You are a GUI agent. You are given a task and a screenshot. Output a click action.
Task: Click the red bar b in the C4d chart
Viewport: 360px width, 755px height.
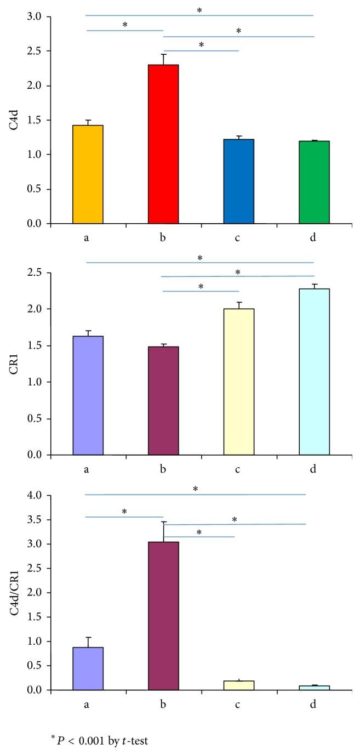click(x=163, y=144)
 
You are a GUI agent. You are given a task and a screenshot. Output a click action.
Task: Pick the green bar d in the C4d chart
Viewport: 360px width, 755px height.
click(x=314, y=182)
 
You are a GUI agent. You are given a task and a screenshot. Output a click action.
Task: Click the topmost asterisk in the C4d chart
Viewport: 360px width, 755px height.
click(x=199, y=10)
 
